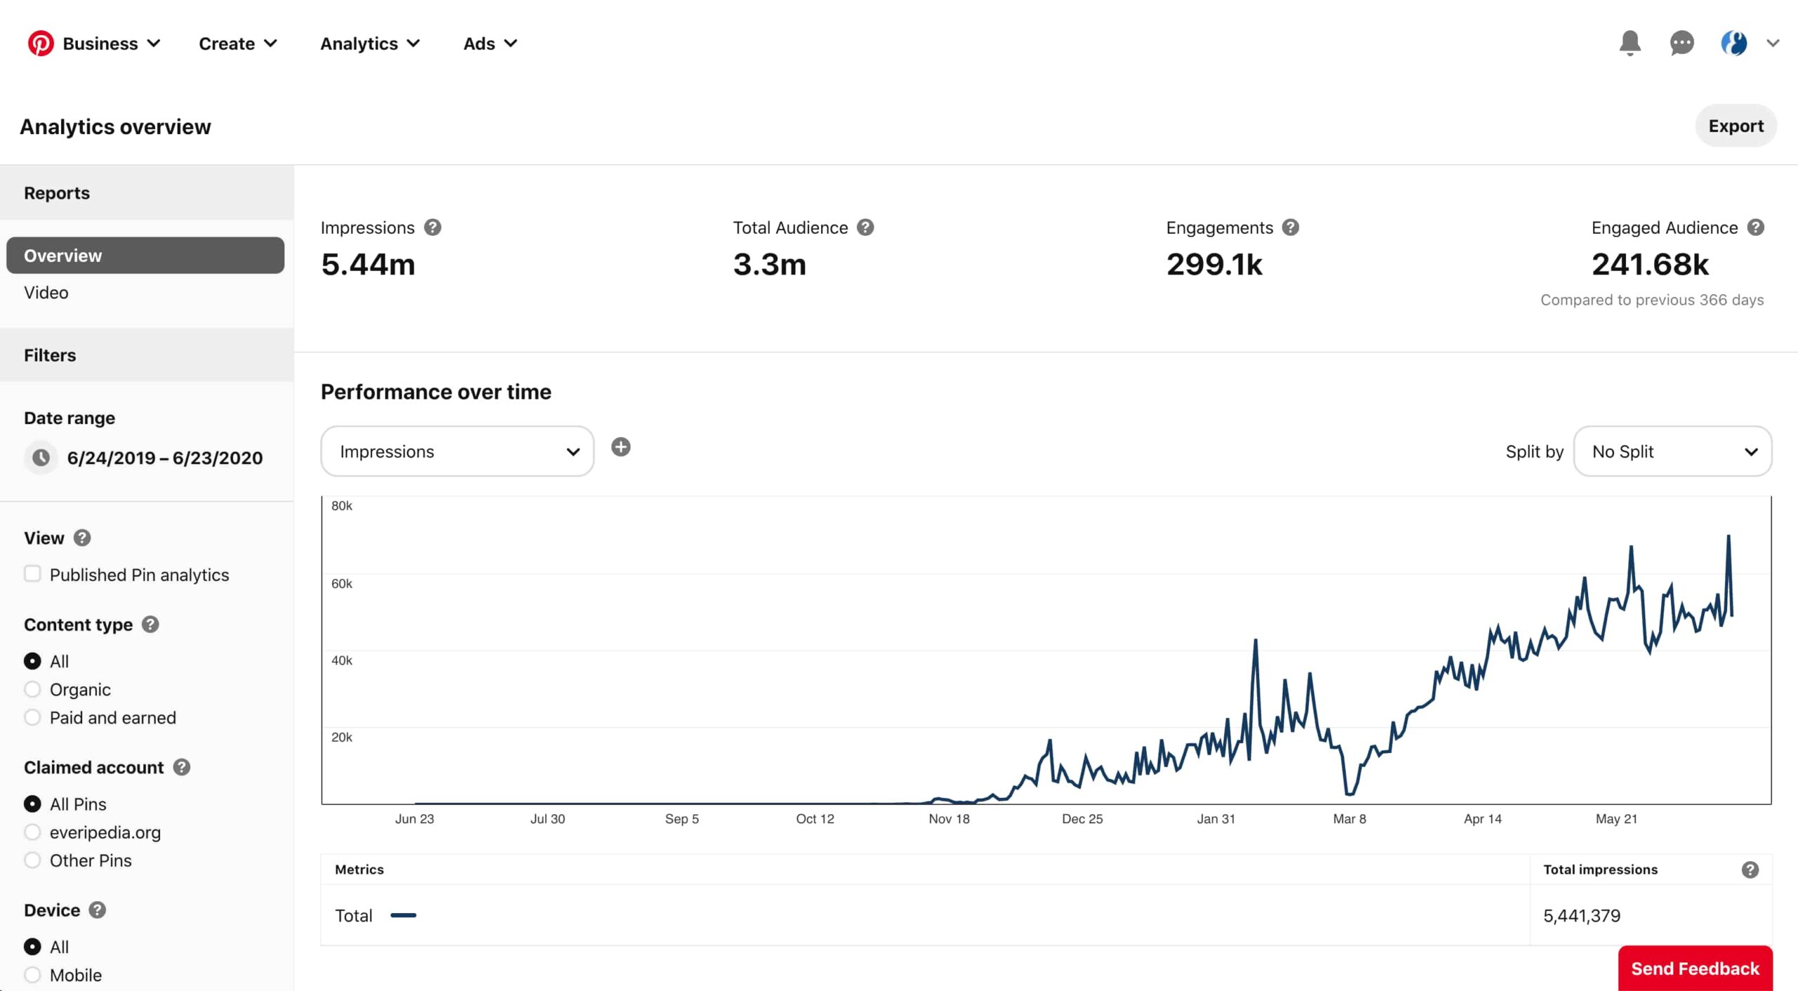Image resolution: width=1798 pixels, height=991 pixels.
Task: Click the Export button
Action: pos(1735,126)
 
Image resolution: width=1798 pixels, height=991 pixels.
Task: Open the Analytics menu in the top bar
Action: pos(369,44)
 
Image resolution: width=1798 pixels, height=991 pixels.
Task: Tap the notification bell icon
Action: pos(1629,44)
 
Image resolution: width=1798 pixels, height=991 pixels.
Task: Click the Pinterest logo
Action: pos(41,44)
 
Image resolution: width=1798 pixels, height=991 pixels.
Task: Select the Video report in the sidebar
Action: pos(46,292)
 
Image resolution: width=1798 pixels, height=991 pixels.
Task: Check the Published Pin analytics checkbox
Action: pos(32,574)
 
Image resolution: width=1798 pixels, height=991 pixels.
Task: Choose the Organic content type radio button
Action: pos(32,689)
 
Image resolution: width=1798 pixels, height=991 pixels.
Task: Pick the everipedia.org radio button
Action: pos(32,832)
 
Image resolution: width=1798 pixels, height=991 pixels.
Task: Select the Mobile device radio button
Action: pos(32,975)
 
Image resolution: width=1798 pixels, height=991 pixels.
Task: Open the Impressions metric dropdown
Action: pos(457,451)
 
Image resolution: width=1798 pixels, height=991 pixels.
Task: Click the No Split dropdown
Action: pos(1672,451)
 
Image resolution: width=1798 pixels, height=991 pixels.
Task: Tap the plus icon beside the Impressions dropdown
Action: pos(621,447)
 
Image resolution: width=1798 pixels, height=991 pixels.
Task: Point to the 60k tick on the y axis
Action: pos(342,584)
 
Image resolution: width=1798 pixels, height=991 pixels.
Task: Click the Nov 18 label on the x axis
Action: pos(949,819)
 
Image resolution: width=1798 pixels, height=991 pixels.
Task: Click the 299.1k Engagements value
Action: pos(1214,265)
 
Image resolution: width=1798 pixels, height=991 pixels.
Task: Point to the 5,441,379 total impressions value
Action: pos(1582,916)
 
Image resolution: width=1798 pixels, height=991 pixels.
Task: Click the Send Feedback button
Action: pos(1695,969)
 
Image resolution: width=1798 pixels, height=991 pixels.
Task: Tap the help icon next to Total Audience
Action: pos(865,228)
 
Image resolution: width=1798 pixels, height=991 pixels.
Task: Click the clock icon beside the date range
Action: pos(41,458)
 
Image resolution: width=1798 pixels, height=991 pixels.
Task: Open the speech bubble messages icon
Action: pos(1681,44)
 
